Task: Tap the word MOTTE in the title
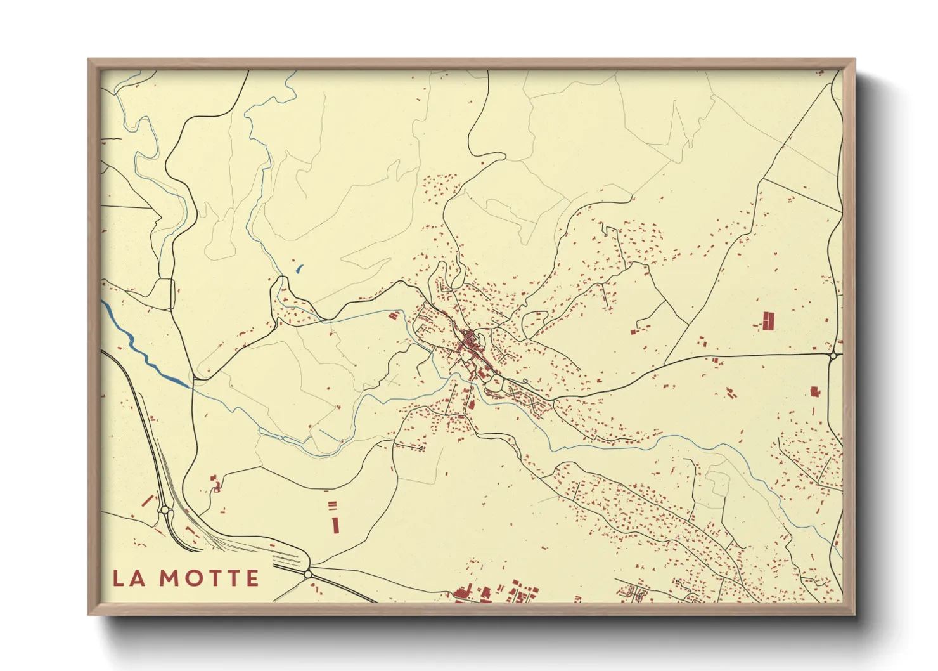[209, 578]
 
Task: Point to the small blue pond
[299, 269]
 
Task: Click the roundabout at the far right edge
[834, 356]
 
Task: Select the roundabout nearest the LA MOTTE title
[308, 573]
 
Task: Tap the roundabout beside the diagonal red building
[165, 509]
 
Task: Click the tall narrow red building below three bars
[335, 524]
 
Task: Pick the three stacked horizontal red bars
[332, 505]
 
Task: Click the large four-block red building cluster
[768, 321]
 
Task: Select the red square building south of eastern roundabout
[815, 391]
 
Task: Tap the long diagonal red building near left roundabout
[148, 501]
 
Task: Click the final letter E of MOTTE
[252, 578]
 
